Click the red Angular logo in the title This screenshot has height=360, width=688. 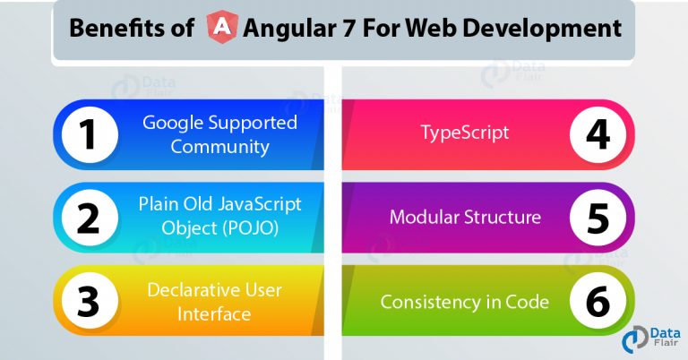click(x=222, y=27)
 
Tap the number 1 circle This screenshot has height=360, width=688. click(x=90, y=134)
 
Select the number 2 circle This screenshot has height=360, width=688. click(x=90, y=218)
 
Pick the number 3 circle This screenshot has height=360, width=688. click(x=90, y=300)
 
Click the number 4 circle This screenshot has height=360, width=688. click(x=598, y=134)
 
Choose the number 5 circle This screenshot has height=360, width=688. click(x=598, y=218)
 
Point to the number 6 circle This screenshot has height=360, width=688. click(x=598, y=300)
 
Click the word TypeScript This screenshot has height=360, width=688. click(x=465, y=133)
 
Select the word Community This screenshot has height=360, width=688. click(x=219, y=147)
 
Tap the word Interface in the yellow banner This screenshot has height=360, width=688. click(x=214, y=314)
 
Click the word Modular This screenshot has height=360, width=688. click(x=425, y=217)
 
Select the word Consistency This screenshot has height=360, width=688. click(x=432, y=302)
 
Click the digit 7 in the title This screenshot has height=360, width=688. click(x=348, y=28)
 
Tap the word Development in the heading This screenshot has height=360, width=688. click(x=542, y=29)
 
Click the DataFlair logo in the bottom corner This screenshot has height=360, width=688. click(x=651, y=339)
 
